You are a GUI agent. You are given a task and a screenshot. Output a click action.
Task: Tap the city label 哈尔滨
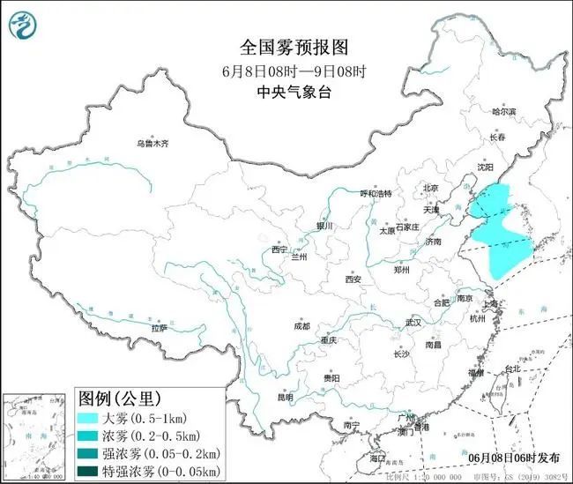coord(507,112)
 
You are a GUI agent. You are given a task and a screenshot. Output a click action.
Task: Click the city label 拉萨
coord(159,328)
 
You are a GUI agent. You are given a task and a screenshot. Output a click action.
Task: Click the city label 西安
coord(353,279)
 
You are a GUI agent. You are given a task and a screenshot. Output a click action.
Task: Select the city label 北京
coord(430,188)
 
